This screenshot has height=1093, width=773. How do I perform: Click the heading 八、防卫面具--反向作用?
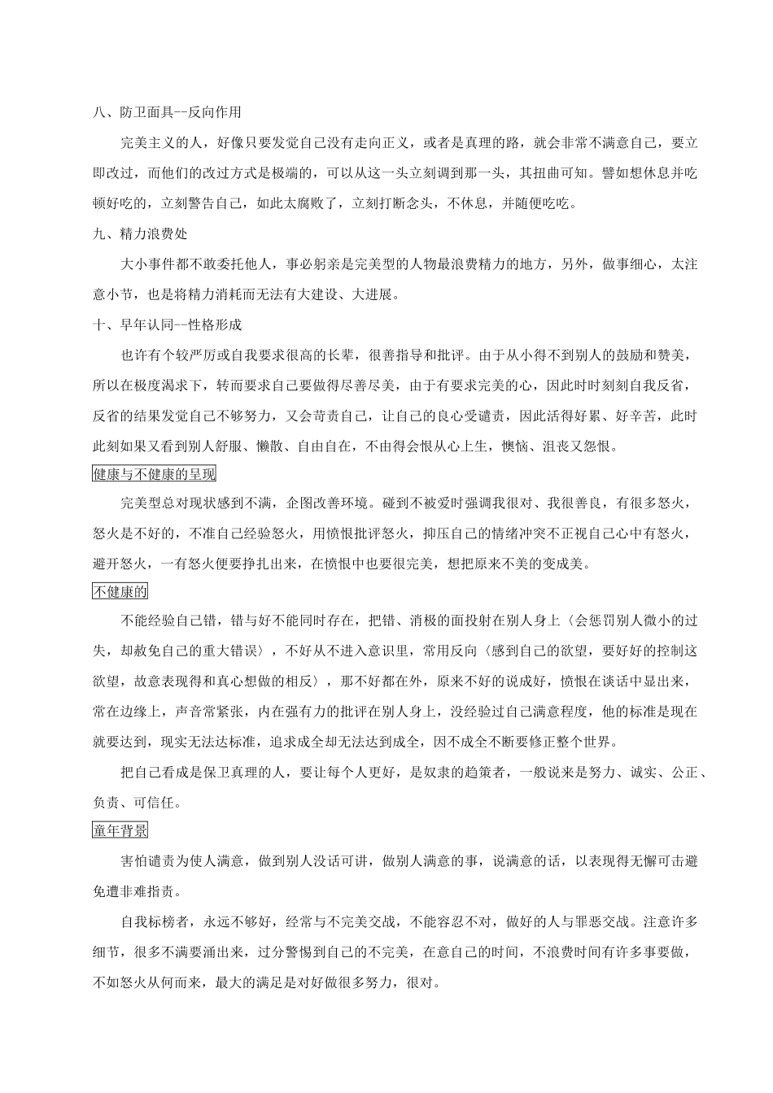point(167,112)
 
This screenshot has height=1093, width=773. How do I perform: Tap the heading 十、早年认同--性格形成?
point(168,324)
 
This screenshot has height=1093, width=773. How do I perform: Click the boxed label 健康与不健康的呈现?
point(154,474)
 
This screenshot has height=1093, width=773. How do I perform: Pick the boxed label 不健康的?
point(120,592)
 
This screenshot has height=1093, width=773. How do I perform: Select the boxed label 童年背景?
point(120,830)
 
